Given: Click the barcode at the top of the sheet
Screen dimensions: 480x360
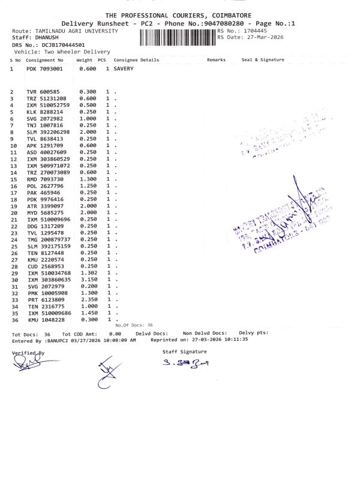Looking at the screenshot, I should [x=177, y=38].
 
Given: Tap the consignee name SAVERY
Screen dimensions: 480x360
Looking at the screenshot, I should [x=124, y=69].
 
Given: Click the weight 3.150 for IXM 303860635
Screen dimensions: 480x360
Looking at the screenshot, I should [x=88, y=280].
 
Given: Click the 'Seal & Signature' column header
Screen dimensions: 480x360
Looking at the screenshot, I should [x=262, y=60].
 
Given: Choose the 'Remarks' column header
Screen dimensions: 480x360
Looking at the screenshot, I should [x=216, y=60].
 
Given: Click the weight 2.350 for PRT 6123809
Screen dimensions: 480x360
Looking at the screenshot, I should [x=88, y=299].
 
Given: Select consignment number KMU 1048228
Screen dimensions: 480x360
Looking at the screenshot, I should [x=44, y=320].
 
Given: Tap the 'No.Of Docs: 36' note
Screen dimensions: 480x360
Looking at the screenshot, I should [x=133, y=325].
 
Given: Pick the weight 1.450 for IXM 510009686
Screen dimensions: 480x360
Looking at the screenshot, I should [x=88, y=313].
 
